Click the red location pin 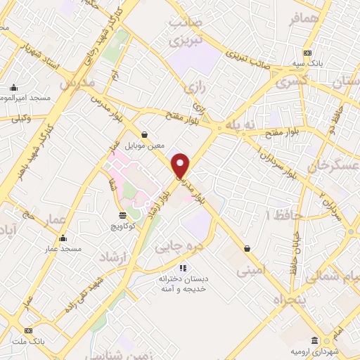[x=181, y=166]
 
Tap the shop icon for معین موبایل [x=145, y=134]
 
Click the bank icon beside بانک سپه [x=307, y=53]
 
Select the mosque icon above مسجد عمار [x=63, y=238]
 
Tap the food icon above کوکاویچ [x=123, y=214]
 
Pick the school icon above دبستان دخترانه [x=183, y=268]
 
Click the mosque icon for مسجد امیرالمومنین [x=14, y=88]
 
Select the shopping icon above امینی [x=247, y=247]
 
